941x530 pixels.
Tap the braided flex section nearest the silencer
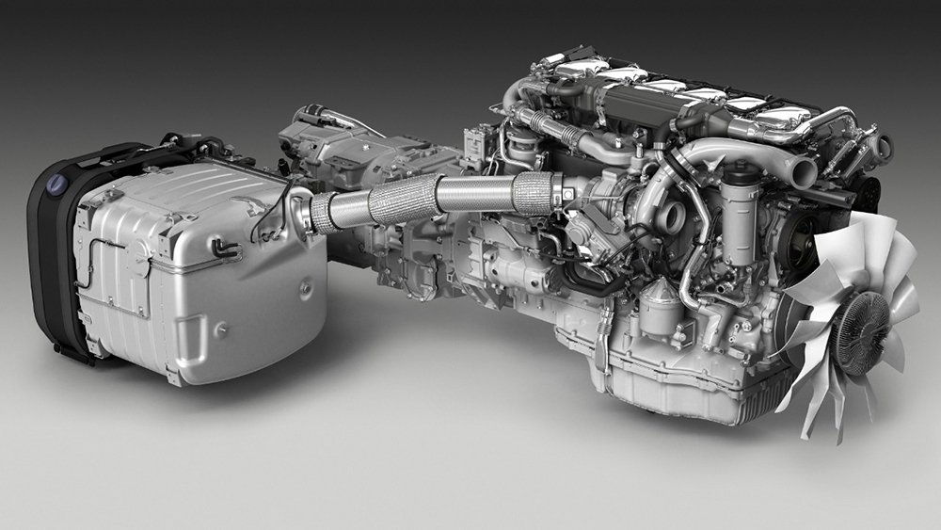[x=322, y=213]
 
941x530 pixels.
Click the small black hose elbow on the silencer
[x=224, y=249]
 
